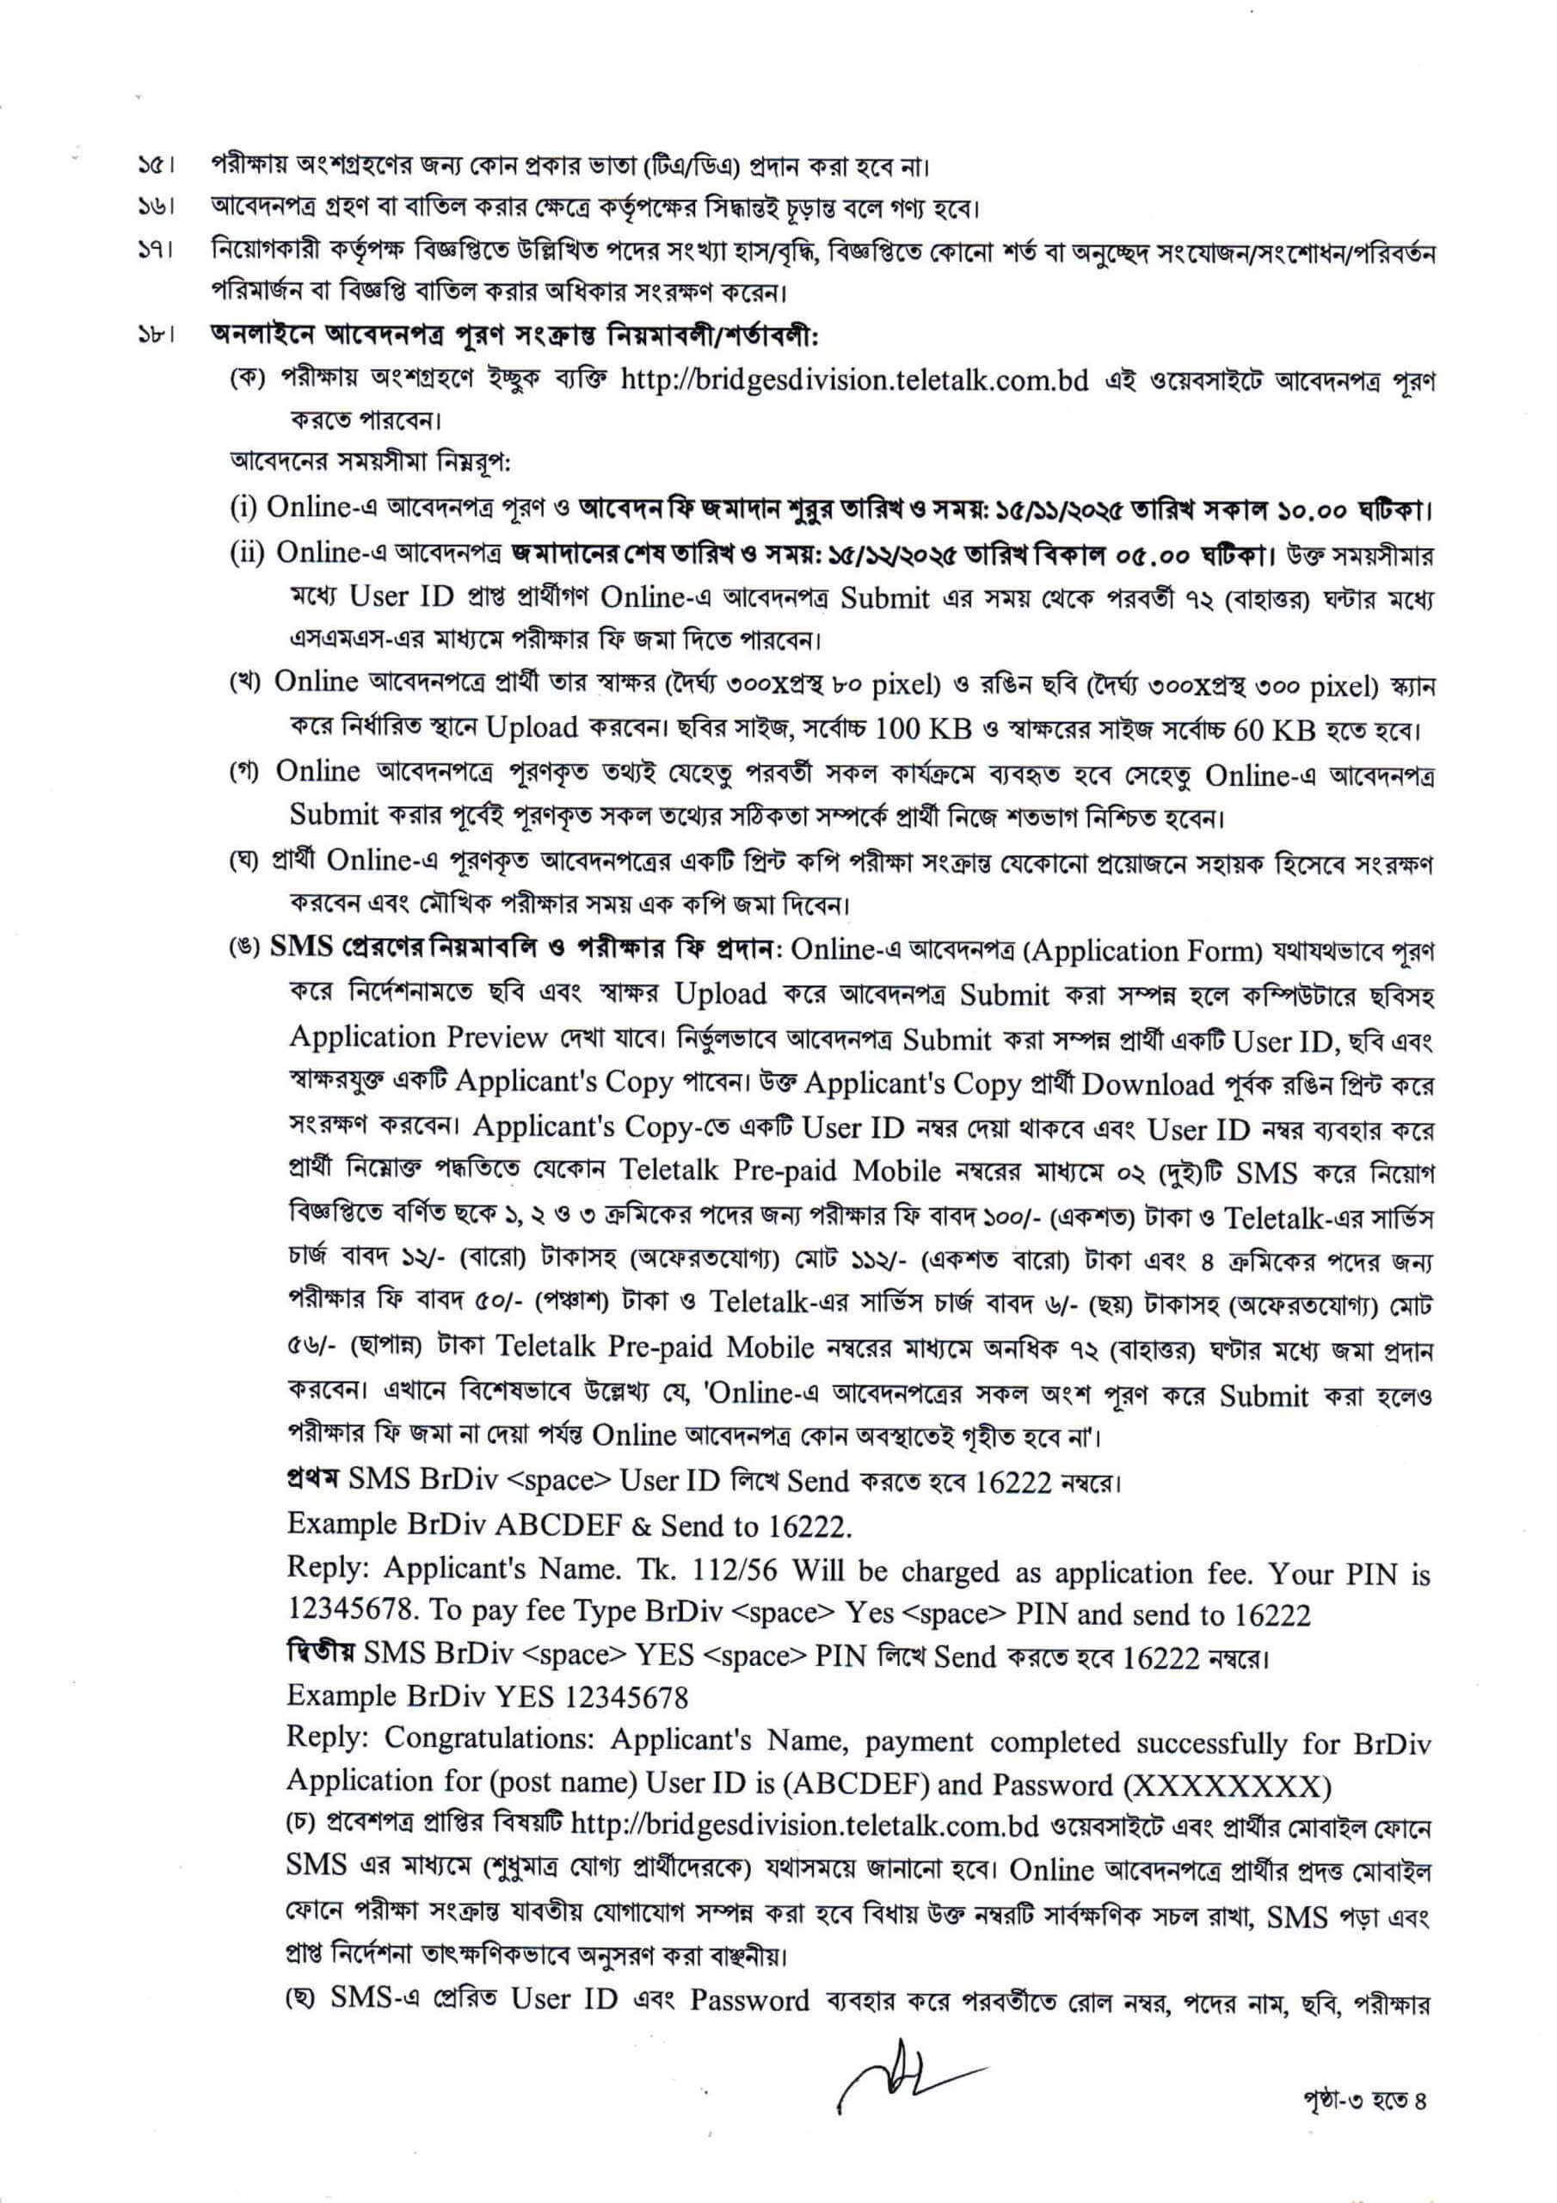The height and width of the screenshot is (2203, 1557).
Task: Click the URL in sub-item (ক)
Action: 855,381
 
